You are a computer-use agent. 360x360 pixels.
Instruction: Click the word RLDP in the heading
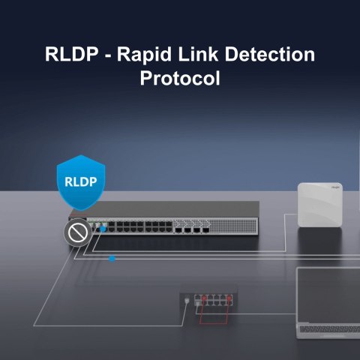(70, 55)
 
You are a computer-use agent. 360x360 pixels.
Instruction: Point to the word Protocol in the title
(180, 78)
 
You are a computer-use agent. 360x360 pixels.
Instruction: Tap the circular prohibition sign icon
(76, 235)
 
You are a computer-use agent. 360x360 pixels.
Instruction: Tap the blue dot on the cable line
(112, 259)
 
